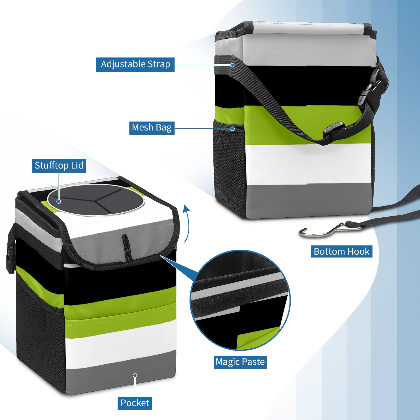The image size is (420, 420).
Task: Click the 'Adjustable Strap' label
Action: (x=135, y=64)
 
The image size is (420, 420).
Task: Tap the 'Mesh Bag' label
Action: (x=152, y=128)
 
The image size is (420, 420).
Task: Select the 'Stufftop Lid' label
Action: (x=59, y=166)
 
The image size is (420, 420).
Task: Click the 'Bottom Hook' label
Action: (x=342, y=251)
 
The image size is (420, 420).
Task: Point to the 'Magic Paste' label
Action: (x=240, y=362)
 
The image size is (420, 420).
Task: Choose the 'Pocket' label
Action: (x=135, y=403)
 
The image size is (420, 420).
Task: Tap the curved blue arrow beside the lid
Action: (x=187, y=223)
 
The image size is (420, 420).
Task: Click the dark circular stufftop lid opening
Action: (x=96, y=199)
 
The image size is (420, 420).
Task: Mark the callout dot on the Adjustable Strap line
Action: (x=232, y=65)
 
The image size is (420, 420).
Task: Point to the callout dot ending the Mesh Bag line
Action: (x=232, y=129)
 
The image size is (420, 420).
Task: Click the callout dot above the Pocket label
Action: (x=135, y=375)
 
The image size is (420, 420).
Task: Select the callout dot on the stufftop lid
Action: (x=59, y=201)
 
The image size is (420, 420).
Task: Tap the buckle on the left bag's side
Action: (x=10, y=258)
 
